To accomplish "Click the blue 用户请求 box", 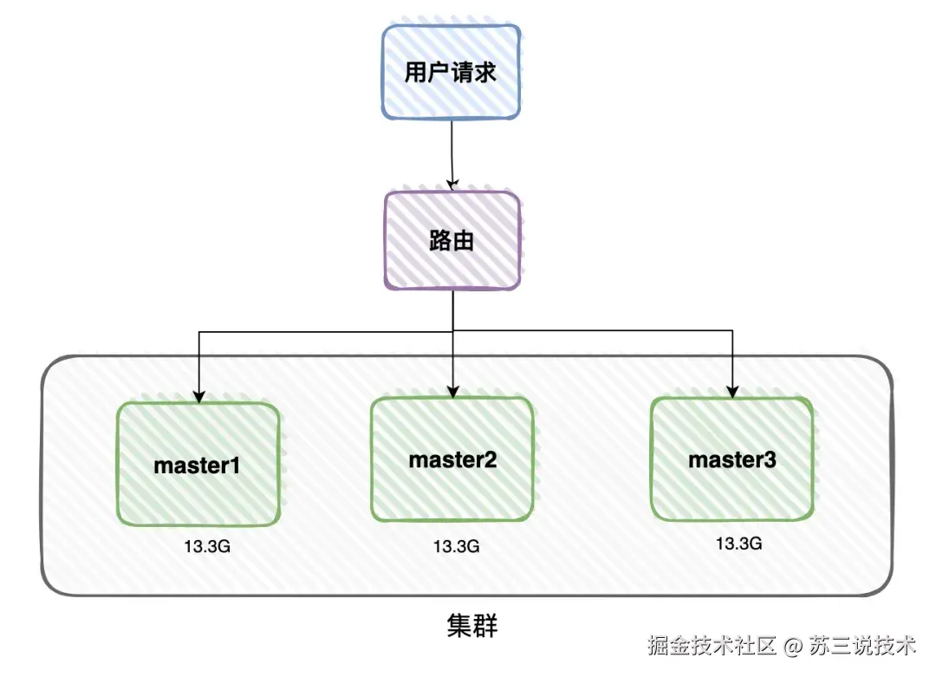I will pyautogui.click(x=451, y=72).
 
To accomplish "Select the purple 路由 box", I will pyautogui.click(x=452, y=240).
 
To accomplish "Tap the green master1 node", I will pyautogui.click(x=198, y=465).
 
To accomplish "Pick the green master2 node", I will pyautogui.click(x=452, y=460).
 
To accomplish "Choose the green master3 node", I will pyautogui.click(x=732, y=459).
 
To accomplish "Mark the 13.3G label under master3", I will pyautogui.click(x=738, y=544).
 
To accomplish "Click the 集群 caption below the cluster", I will pyautogui.click(x=472, y=626).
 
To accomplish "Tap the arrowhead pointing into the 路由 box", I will pyautogui.click(x=452, y=184).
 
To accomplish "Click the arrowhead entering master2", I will pyautogui.click(x=452, y=393).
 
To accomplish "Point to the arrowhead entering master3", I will pyautogui.click(x=733, y=391).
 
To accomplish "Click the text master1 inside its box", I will pyautogui.click(x=197, y=465).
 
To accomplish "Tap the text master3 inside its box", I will pyautogui.click(x=732, y=459).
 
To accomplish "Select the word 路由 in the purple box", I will pyautogui.click(x=452, y=240).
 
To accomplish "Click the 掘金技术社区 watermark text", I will pyautogui.click(x=711, y=646).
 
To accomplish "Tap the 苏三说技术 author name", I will pyautogui.click(x=862, y=646).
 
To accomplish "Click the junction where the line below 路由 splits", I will pyautogui.click(x=452, y=330).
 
